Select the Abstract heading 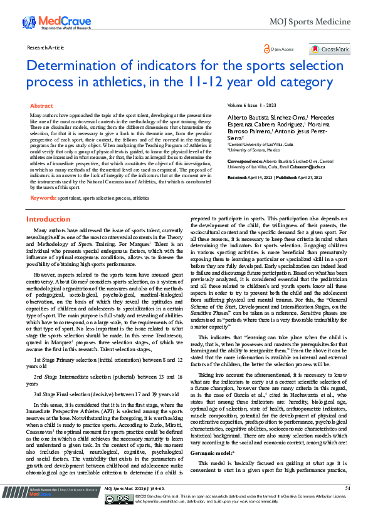(x=42, y=106)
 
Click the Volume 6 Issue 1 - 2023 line (x=251, y=106)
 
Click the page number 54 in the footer (x=347, y=506)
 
